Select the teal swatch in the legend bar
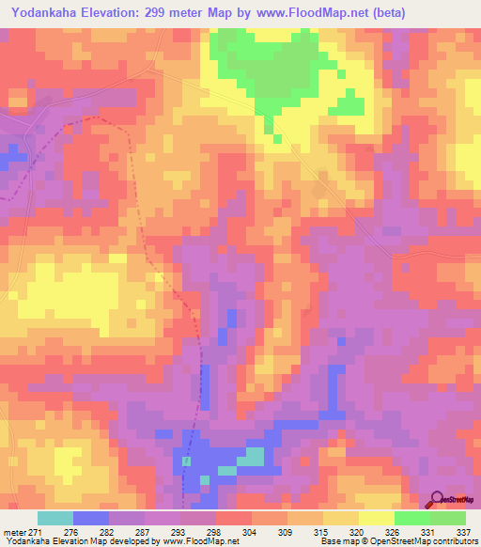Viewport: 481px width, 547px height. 55,518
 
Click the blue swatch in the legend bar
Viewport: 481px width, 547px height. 91,518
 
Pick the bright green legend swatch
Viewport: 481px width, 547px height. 412,518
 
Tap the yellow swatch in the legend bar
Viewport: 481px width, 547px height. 341,518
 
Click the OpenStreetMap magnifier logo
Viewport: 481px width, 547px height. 437,499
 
